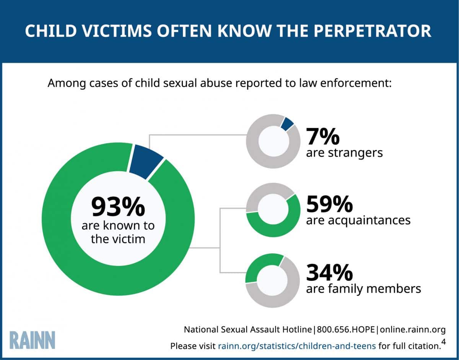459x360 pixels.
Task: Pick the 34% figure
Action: pos(329,272)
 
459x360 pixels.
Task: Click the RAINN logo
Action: pos(33,340)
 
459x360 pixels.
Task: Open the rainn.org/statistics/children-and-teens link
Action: pos(297,346)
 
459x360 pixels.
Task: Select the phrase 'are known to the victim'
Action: pos(118,232)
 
